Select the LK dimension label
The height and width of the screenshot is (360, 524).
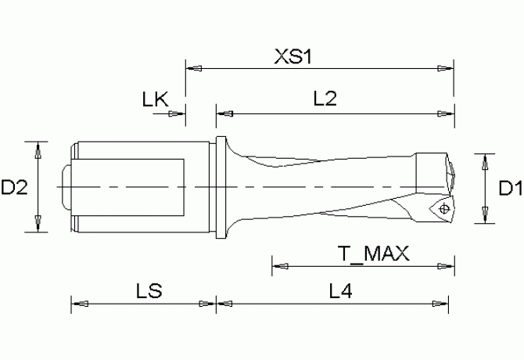[155, 99]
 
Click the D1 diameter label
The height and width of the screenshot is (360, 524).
[510, 188]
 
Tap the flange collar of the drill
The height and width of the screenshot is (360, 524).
[221, 188]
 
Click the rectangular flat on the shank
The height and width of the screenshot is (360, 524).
[132, 188]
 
